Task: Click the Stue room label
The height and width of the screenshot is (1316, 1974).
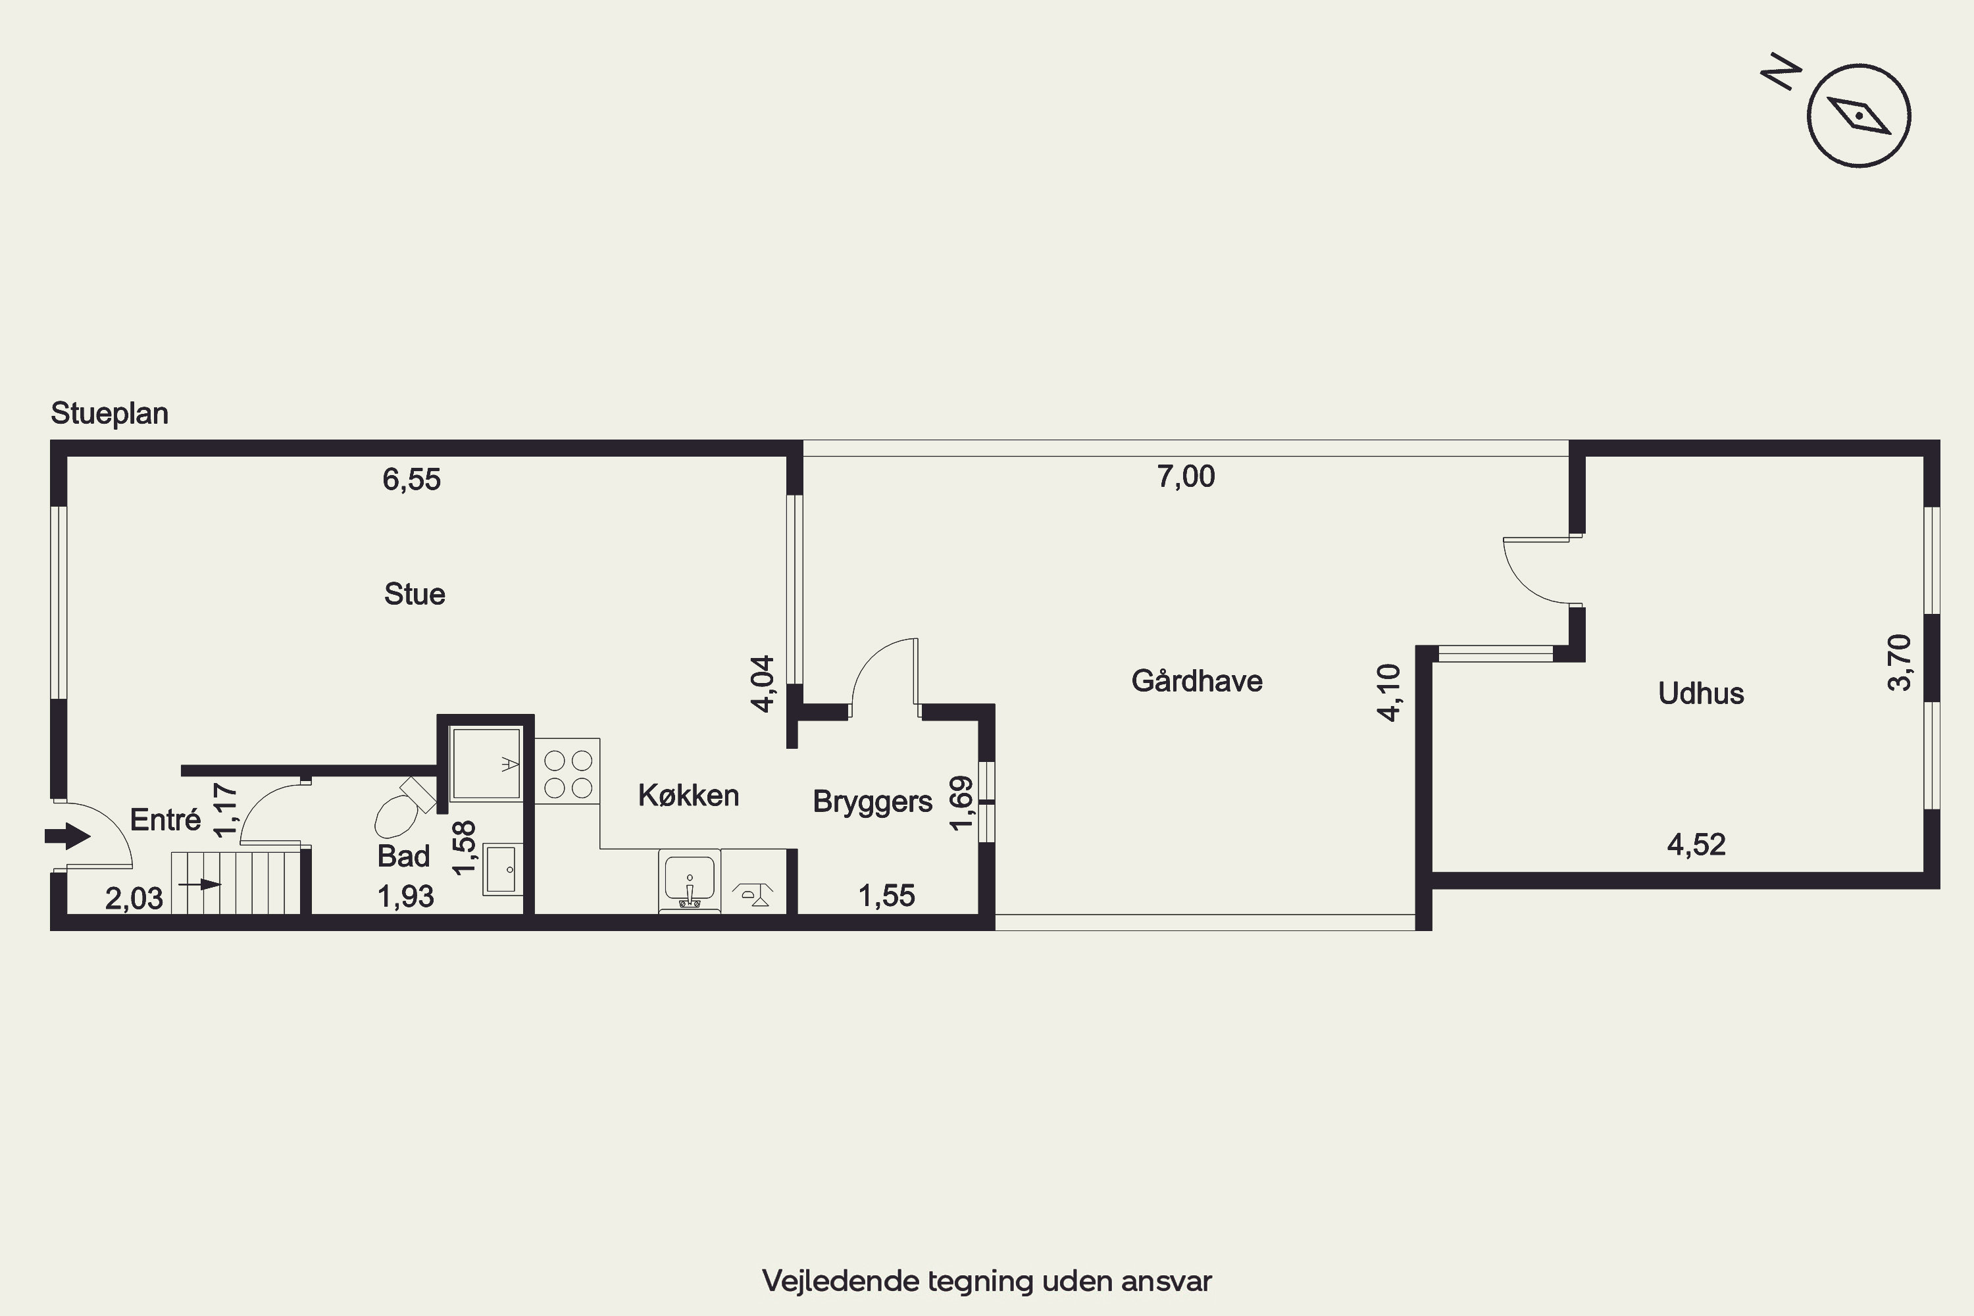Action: click(x=415, y=594)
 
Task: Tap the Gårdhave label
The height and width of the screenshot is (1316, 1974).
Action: click(x=1197, y=680)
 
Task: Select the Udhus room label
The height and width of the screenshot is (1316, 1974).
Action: click(x=1701, y=694)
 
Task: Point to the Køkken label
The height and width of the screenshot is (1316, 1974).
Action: click(x=688, y=796)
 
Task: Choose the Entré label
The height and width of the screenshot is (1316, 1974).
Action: click(x=165, y=819)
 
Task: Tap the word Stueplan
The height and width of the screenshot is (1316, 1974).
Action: click(x=110, y=413)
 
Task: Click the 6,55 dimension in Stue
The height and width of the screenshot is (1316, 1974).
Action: click(x=411, y=479)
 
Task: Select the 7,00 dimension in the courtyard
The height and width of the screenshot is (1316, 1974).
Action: click(x=1186, y=476)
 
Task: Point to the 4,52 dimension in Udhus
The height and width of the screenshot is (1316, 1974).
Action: click(x=1696, y=844)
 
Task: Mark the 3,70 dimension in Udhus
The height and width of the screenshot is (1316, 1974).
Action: click(x=1899, y=662)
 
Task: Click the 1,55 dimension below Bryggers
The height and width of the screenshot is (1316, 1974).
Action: click(x=886, y=896)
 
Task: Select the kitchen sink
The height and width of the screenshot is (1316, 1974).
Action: click(x=690, y=880)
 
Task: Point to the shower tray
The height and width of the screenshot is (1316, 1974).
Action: click(x=486, y=763)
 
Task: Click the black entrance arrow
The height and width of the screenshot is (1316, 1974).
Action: click(x=67, y=836)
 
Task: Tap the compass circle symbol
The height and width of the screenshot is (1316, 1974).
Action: click(x=1859, y=115)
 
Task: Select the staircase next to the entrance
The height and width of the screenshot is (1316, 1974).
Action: click(x=236, y=883)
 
